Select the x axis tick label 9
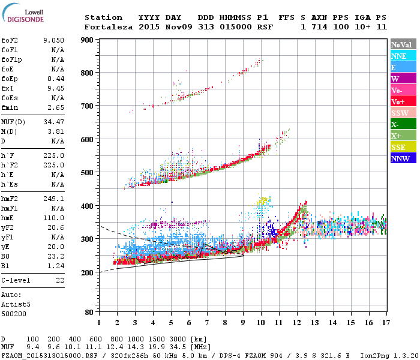tap(243, 322)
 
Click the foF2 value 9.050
tap(54, 40)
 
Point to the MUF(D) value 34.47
tap(54, 121)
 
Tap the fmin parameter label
tap(10, 107)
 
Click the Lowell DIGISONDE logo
tap(23, 14)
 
